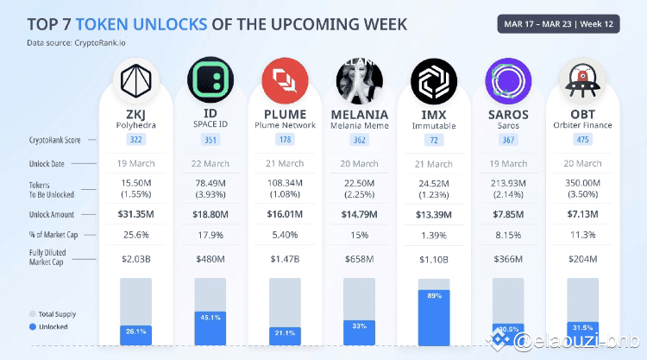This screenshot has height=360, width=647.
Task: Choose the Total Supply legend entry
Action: pos(59,314)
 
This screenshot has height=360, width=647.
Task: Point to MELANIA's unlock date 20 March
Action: pos(358,163)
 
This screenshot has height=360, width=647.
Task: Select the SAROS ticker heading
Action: pos(508,114)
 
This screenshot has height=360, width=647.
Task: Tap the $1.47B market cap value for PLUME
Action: pos(284,258)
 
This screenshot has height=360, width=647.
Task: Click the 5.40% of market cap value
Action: pos(284,235)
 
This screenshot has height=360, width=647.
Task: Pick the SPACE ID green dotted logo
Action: pos(210,82)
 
